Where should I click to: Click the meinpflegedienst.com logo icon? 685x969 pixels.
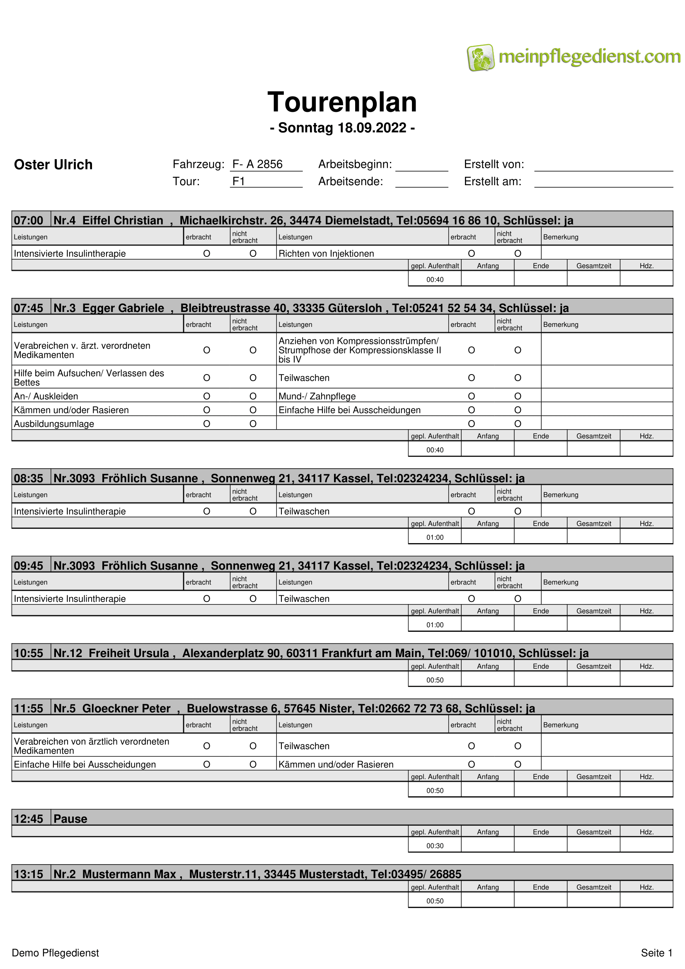(x=480, y=58)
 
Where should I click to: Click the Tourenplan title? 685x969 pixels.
(x=342, y=102)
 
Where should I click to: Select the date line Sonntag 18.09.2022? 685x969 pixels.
(x=342, y=128)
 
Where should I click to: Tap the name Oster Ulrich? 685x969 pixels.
(x=53, y=164)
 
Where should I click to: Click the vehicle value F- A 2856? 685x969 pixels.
(x=257, y=164)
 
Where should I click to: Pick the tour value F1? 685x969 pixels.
(x=239, y=181)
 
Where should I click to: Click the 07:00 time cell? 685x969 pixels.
(x=29, y=220)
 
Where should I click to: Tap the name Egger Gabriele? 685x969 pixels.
(x=123, y=308)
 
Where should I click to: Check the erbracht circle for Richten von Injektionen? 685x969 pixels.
(x=472, y=254)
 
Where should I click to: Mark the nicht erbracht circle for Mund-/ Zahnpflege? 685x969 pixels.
(x=518, y=396)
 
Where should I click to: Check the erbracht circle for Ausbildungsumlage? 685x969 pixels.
(x=207, y=424)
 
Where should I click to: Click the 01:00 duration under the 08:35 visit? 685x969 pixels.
(x=435, y=537)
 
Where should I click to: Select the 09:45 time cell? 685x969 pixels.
(x=29, y=565)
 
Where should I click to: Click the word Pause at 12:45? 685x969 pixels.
(x=70, y=819)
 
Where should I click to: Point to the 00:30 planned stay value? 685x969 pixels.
(x=435, y=846)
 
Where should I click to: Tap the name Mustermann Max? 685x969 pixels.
(x=129, y=874)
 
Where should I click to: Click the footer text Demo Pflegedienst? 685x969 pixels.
(x=55, y=953)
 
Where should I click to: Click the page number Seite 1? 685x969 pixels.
(x=656, y=953)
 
